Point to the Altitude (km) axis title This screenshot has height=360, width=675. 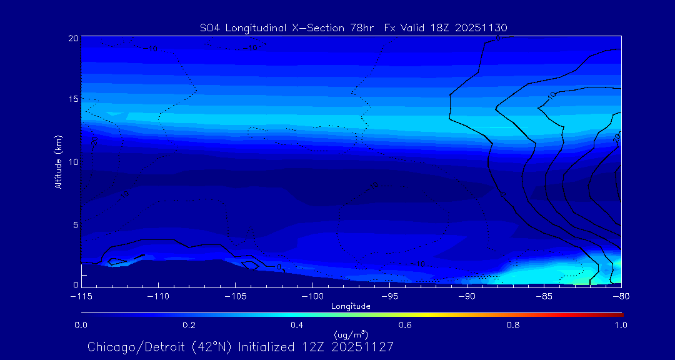click(x=59, y=162)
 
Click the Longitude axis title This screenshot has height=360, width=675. click(x=351, y=306)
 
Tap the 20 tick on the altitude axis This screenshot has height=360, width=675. click(x=73, y=38)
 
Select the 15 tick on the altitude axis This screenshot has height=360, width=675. click(x=73, y=99)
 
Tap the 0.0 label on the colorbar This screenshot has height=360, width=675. click(x=81, y=325)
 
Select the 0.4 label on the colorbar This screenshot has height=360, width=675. click(x=297, y=325)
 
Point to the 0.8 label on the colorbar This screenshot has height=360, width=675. click(x=513, y=325)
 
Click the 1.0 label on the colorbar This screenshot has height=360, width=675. click(x=621, y=325)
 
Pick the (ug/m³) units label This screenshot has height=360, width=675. click(x=351, y=335)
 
